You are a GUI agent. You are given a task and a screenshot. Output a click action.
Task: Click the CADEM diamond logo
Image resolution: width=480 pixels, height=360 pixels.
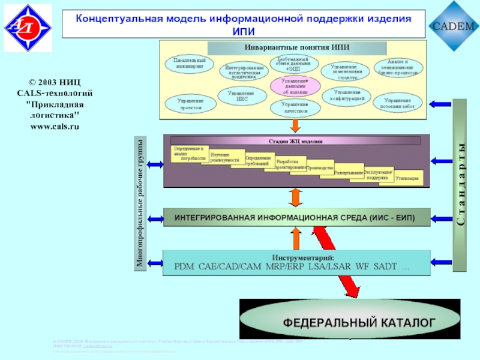tap(453, 26)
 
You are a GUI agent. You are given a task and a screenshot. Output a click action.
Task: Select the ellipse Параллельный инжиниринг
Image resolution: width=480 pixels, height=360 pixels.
tap(190, 64)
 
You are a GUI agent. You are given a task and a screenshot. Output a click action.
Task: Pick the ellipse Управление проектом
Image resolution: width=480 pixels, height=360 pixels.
tap(190, 104)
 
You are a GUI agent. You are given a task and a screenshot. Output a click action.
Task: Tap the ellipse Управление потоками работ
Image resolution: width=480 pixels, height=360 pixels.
tap(398, 103)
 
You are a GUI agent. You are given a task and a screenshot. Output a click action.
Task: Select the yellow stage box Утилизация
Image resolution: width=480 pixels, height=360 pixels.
tap(407, 178)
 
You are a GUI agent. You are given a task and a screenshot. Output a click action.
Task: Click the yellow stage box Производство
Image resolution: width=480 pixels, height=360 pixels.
tap(320, 168)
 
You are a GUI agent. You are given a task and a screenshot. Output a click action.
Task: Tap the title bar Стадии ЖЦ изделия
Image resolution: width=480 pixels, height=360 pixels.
tap(295, 141)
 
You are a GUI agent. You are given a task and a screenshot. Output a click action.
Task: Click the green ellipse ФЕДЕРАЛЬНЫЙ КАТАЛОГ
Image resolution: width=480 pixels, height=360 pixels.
tap(359, 322)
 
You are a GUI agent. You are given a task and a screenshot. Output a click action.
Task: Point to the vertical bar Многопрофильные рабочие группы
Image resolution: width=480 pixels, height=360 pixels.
tap(140, 203)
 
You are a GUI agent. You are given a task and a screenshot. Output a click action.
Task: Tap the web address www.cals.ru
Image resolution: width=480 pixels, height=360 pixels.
tap(55, 127)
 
